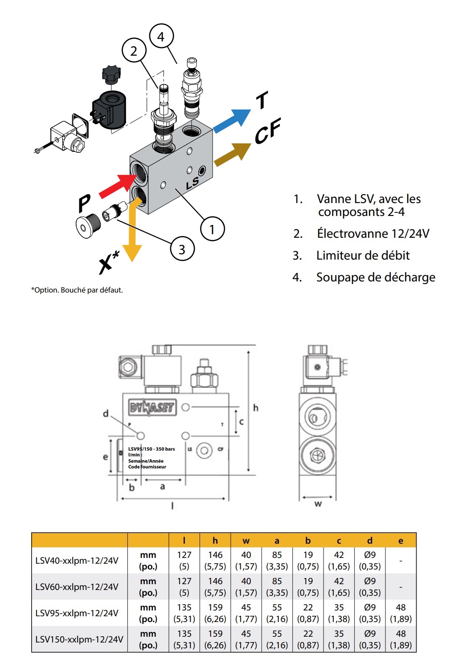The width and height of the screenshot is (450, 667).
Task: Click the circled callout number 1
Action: pos(212,229)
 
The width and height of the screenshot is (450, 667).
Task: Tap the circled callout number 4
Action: pos(161,37)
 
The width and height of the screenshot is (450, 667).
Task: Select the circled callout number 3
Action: pos(182,249)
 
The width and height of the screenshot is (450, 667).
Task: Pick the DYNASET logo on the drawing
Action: pos(152,407)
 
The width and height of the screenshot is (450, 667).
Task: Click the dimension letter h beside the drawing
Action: pos(256,407)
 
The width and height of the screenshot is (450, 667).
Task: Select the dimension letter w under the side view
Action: pos(318,504)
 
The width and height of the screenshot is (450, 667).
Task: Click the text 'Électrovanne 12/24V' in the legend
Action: pos(373,233)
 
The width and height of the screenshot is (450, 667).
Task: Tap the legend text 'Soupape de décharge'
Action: pos(376,277)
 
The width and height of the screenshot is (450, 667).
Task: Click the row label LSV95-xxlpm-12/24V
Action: pos(77,613)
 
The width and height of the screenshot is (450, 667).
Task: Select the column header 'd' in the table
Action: pos(370,541)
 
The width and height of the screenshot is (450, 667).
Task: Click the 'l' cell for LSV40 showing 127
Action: pos(184,560)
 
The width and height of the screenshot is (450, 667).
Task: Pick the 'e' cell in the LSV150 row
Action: pos(401,639)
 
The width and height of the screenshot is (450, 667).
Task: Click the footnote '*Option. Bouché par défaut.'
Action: pos(77,290)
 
